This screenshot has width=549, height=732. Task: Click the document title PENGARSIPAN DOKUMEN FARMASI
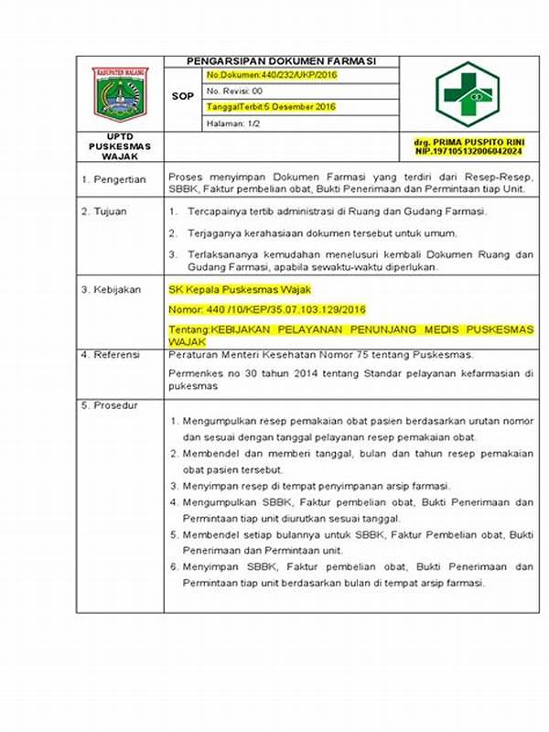click(x=282, y=61)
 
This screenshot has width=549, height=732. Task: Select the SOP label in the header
click(x=183, y=94)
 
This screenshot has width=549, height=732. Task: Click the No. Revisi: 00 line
click(x=235, y=91)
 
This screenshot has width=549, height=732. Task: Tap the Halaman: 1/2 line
click(x=233, y=123)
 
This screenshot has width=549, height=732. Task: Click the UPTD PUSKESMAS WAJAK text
click(x=120, y=145)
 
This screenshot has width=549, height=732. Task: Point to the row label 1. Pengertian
click(x=120, y=180)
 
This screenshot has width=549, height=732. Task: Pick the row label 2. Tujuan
click(x=111, y=211)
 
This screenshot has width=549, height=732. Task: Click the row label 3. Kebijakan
click(x=117, y=289)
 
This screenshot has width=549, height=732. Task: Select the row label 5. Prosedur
click(x=116, y=404)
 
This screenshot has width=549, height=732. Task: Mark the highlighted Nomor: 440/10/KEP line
click(x=267, y=309)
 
